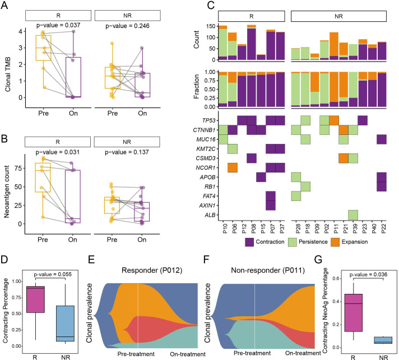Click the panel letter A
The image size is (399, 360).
[x=5, y=6]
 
